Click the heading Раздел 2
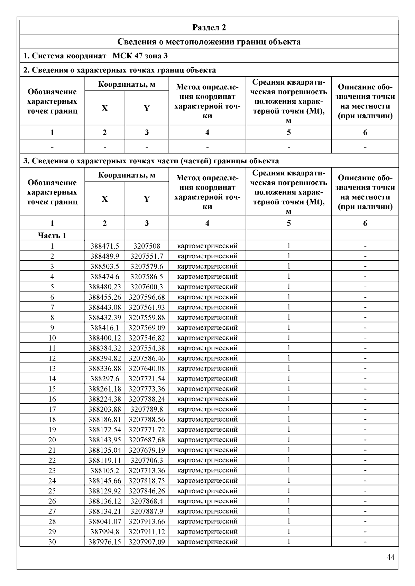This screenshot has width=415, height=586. pos(209,28)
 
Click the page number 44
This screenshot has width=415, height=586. pos(391,557)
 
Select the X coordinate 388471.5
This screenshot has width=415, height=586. pos(105,246)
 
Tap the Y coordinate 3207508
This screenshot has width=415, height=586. pos(147,246)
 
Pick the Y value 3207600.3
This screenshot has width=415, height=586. pos(147,287)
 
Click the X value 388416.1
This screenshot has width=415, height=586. pos(105,328)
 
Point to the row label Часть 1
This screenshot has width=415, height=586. pos(52,236)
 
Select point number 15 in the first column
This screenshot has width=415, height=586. pos(52,389)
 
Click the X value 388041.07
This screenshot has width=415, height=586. pos(105,521)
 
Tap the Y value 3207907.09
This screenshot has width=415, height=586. pos(147,542)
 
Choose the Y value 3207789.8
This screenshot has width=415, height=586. pos(147,409)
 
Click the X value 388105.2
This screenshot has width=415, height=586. pos(105,470)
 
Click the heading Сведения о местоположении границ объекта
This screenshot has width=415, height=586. pos(209,42)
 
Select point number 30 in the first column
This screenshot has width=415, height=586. pos(52,542)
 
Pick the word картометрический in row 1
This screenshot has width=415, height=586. pos(207,246)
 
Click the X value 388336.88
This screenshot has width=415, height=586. pos(105,368)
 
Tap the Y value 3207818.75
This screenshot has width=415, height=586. pos(147,481)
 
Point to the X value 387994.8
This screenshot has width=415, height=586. pos(105,532)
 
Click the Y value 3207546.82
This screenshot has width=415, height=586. pos(147,338)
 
